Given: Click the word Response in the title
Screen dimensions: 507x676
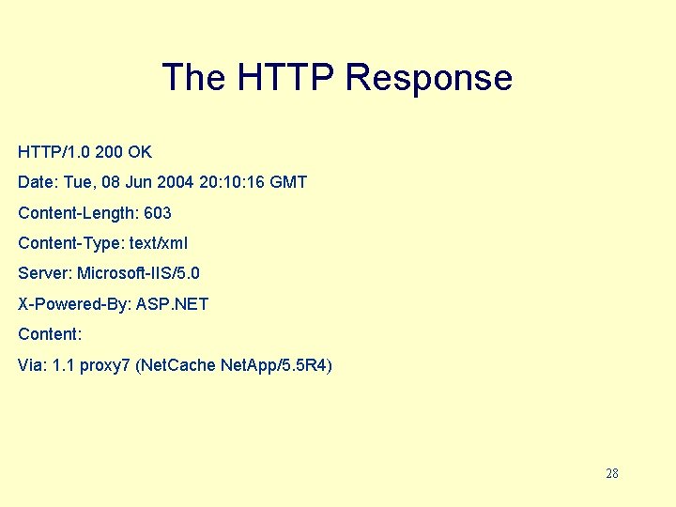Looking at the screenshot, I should click(x=428, y=78).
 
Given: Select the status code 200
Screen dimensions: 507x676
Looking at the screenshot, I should click(x=110, y=152).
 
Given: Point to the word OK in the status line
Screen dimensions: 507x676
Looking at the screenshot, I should click(x=140, y=152).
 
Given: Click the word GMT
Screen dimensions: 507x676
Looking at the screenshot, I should click(x=287, y=182).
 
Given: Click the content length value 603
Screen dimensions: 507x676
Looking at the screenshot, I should click(x=158, y=213).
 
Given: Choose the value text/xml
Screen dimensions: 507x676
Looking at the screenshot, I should click(x=159, y=243).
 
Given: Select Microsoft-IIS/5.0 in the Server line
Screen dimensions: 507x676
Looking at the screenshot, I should click(x=138, y=273).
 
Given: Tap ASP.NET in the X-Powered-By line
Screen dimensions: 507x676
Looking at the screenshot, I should click(x=172, y=304).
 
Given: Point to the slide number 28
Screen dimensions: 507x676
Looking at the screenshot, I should click(x=612, y=473).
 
